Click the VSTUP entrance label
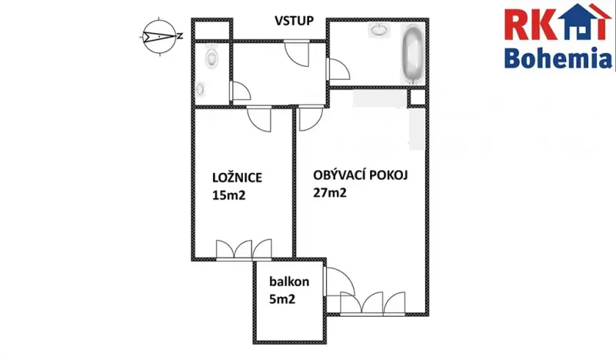(294, 21)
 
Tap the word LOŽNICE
(238, 178)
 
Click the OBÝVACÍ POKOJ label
(360, 175)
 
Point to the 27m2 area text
(330, 193)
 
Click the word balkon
(285, 282)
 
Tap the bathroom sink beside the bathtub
(380, 31)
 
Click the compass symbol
(157, 35)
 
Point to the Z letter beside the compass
(179, 35)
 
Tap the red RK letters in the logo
(524, 24)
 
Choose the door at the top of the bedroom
(259, 119)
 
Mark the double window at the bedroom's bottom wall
(244, 249)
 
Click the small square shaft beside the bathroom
(416, 98)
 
